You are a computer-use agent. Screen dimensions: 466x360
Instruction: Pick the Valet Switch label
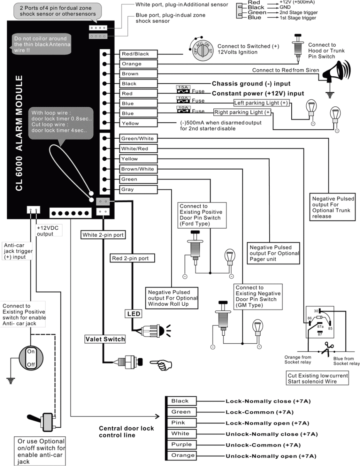pyautogui.click(x=105, y=339)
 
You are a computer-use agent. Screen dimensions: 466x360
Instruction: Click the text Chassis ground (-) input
pyautogui.click(x=251, y=83)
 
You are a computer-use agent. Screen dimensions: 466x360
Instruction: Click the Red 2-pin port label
pyautogui.click(x=132, y=259)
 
